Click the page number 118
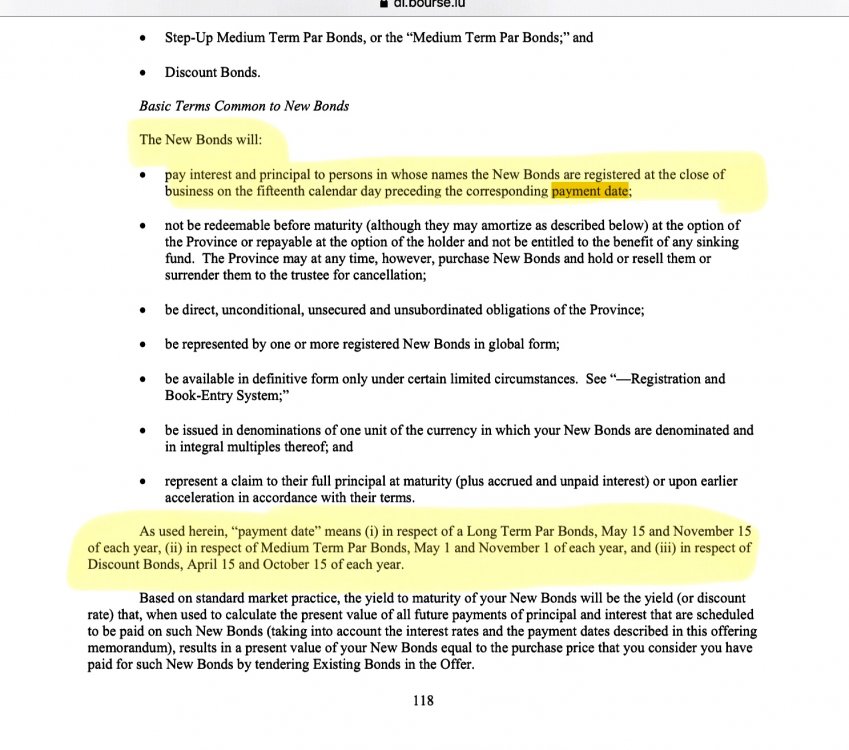click(x=423, y=701)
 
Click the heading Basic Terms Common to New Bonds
click(x=244, y=105)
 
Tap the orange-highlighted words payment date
click(x=590, y=191)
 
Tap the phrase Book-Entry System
click(x=227, y=395)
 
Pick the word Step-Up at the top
click(x=190, y=38)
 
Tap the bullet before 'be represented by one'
click(x=145, y=345)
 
